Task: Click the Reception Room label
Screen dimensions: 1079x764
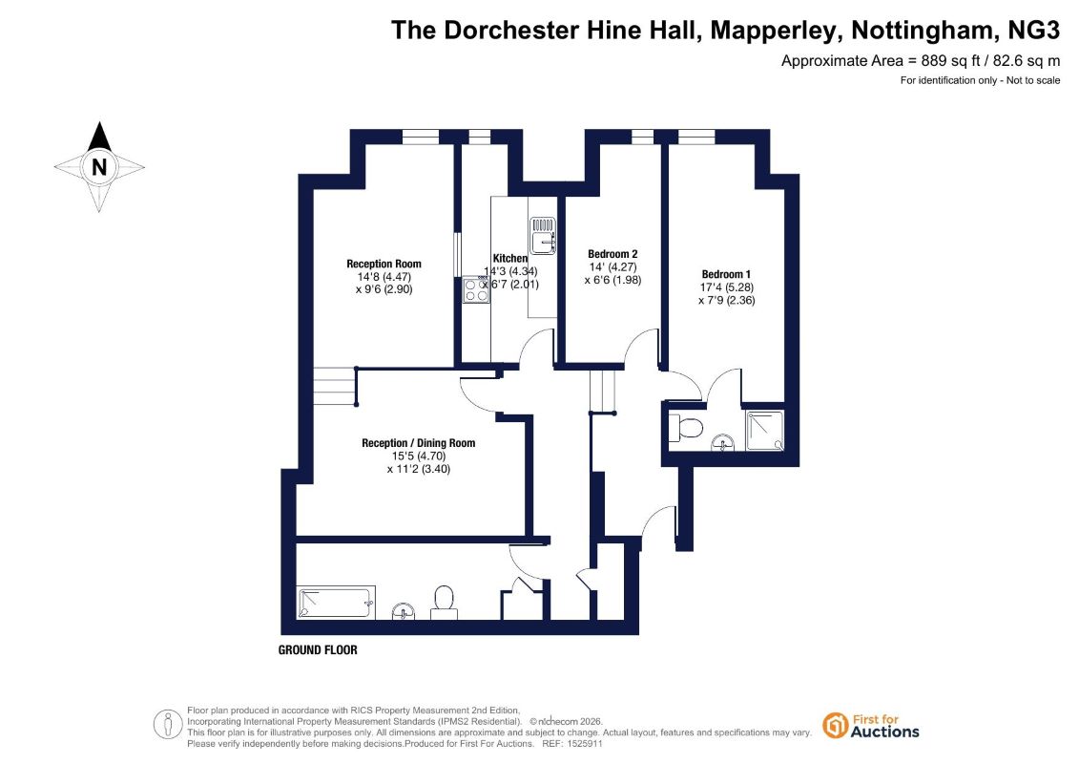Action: tap(384, 264)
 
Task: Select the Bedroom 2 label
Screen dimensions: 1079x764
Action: tap(612, 254)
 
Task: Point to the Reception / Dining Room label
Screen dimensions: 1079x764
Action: tap(419, 443)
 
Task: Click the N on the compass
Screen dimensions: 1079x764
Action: tap(99, 167)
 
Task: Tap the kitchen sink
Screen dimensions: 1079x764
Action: tap(542, 236)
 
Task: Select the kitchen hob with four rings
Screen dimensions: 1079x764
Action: tap(476, 289)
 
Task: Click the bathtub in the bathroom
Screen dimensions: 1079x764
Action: tap(336, 603)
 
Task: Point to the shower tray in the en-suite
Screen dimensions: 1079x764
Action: tap(764, 431)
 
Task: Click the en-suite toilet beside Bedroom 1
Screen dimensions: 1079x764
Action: tap(685, 428)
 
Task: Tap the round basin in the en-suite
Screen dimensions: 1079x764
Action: tap(722, 442)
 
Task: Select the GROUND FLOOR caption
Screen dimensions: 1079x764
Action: tap(318, 649)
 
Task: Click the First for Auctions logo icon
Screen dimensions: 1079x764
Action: tap(835, 726)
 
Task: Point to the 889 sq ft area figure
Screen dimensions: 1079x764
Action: tap(949, 60)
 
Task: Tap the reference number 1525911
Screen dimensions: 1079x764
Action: tap(584, 744)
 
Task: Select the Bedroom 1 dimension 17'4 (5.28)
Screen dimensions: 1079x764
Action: tap(727, 287)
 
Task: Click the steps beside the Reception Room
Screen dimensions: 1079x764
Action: tap(336, 387)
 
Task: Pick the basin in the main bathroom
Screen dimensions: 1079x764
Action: tap(404, 611)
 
